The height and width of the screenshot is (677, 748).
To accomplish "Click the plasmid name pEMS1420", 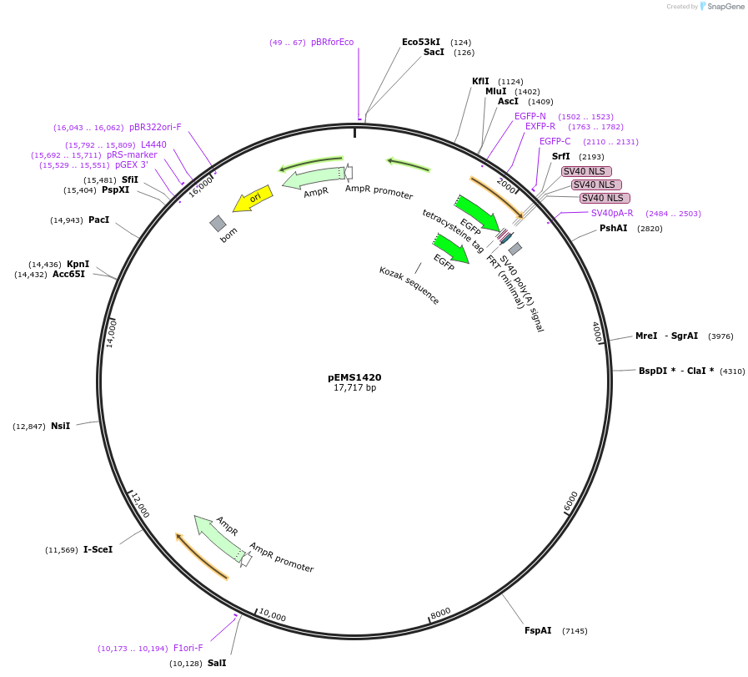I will click(x=354, y=377).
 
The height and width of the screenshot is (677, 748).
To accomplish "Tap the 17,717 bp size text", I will click(x=354, y=388).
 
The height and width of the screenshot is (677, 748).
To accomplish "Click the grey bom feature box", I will click(x=218, y=223).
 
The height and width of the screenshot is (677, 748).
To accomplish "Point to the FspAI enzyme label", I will click(x=538, y=630).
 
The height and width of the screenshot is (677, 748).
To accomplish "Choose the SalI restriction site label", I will click(x=217, y=663).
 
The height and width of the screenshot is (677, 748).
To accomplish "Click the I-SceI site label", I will click(x=98, y=549).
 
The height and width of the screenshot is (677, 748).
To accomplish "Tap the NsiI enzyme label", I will click(x=60, y=426).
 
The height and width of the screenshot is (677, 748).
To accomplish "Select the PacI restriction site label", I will click(x=98, y=220).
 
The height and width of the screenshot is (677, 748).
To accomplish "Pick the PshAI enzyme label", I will click(x=613, y=228).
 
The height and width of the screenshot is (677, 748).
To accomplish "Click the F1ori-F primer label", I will click(x=188, y=648).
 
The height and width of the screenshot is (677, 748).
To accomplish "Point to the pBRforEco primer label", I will click(x=332, y=42).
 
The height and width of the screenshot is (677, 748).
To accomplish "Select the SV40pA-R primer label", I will click(x=612, y=213).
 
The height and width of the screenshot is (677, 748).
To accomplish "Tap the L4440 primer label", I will click(x=153, y=144).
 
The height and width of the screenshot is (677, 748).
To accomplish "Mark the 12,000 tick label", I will click(x=140, y=505).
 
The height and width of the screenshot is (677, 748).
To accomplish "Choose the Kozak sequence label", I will click(x=409, y=285).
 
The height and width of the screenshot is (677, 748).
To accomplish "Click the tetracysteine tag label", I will click(x=453, y=230).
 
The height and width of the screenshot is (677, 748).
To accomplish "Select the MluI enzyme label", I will click(x=495, y=91).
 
